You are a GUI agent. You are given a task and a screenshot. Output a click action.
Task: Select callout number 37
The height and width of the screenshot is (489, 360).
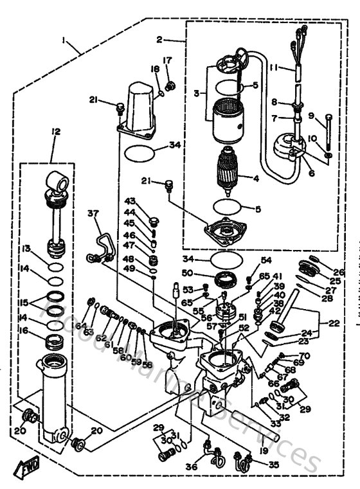tap(94, 213)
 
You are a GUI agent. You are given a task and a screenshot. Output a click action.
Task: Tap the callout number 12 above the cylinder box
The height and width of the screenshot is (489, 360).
tap(56, 132)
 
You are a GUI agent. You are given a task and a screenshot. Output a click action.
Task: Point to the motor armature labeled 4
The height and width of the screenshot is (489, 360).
tap(229, 170)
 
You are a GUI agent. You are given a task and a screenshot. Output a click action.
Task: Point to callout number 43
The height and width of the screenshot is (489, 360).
tap(130, 202)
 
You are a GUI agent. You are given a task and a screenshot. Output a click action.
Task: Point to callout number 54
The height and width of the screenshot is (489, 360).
tap(265, 260)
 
